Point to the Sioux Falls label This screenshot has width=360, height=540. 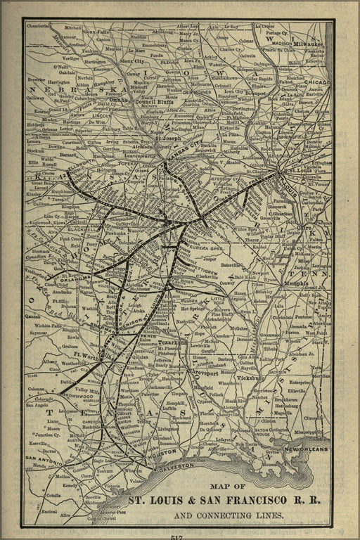point(94,32)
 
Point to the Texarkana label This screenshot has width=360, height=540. point(172,342)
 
